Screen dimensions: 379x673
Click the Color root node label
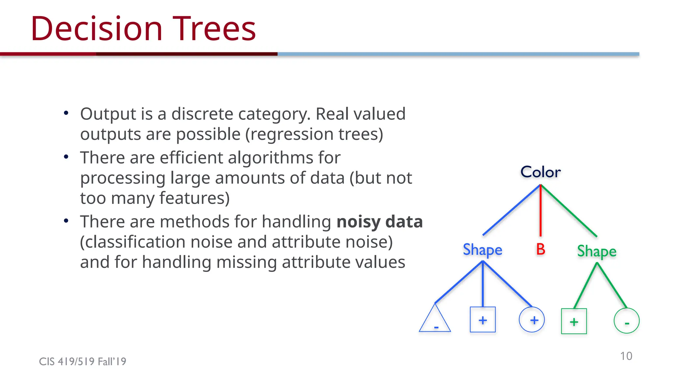541,172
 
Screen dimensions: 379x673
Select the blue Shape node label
482,250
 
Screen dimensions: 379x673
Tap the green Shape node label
597,252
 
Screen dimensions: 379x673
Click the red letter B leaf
541,249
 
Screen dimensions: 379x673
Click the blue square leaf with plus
483,320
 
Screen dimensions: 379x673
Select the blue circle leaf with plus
532,320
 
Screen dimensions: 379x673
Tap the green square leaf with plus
574,321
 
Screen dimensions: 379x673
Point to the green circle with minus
626,321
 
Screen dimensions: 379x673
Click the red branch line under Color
541,211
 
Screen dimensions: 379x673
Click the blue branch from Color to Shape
511,210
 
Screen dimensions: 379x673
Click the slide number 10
626,356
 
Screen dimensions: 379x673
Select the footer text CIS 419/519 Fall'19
82,362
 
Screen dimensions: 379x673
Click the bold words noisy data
380,222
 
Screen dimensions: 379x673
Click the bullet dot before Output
66,113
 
